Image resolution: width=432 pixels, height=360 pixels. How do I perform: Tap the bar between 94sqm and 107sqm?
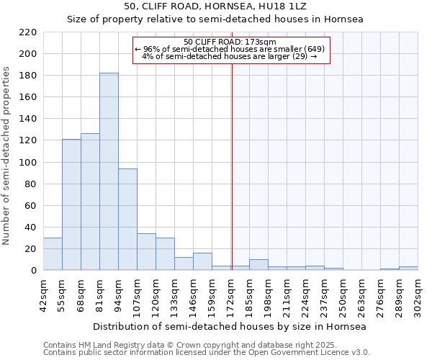click(x=127, y=219)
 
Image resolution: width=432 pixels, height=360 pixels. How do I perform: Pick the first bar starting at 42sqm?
click(x=53, y=253)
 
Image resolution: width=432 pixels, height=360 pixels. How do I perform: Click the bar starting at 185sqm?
click(x=258, y=264)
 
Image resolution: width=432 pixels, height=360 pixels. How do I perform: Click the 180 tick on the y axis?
click(x=28, y=76)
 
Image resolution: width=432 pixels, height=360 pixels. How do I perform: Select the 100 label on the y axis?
click(x=28, y=162)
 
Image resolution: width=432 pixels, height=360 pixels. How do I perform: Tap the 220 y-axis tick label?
click(x=28, y=32)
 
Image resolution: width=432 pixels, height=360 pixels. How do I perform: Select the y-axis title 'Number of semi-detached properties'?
click(x=7, y=156)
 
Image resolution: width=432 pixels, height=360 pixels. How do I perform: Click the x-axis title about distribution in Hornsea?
click(x=230, y=326)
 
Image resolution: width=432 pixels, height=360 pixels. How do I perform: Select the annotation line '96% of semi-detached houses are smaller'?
click(x=230, y=49)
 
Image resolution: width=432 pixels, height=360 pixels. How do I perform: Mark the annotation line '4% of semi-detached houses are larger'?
click(x=230, y=56)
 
